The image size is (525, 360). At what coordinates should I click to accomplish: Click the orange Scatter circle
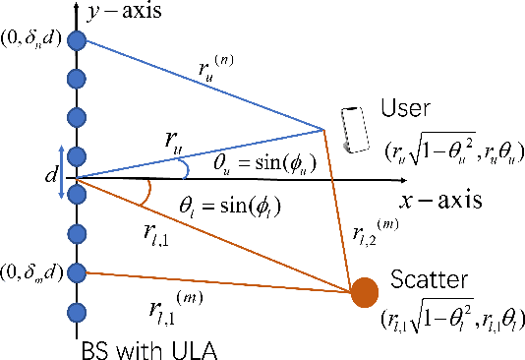(365, 291)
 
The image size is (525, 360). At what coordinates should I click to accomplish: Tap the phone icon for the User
(348, 131)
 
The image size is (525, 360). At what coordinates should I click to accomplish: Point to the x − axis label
(440, 201)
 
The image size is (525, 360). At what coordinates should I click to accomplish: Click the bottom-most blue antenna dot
(76, 313)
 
